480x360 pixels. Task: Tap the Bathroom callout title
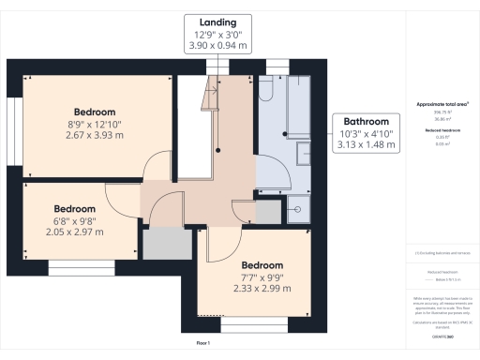coord(367,122)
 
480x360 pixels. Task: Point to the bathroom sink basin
coord(302,153)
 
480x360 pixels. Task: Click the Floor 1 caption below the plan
coord(203,344)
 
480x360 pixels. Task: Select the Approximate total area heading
coord(442,104)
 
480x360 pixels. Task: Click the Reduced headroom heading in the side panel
coord(442,129)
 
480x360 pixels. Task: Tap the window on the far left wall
coord(14,122)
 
